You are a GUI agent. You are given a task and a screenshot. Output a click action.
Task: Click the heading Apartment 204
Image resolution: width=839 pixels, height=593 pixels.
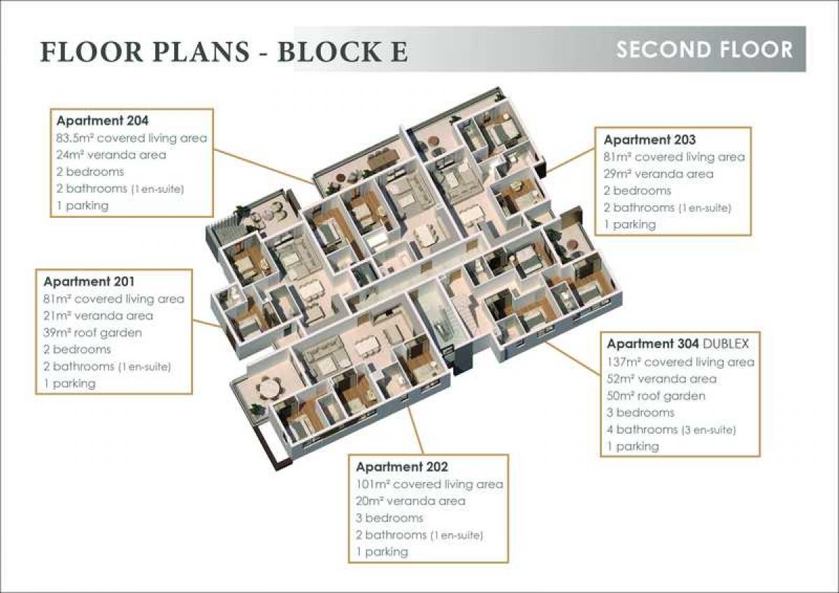102,121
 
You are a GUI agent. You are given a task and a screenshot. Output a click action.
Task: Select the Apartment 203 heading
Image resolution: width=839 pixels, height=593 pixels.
650,140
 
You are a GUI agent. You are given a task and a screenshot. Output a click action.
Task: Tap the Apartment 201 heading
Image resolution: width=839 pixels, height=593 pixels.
89,281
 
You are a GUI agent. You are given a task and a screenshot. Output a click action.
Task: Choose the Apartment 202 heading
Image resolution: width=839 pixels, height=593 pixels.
401,467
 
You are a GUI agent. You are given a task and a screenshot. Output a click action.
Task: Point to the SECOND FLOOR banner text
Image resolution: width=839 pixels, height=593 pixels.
704,50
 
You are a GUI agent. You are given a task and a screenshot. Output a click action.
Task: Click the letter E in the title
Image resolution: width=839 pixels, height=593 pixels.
398,52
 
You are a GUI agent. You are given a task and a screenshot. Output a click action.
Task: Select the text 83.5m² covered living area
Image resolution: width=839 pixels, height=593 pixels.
131,138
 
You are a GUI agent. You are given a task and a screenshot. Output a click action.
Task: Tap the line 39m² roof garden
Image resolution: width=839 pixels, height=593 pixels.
92,332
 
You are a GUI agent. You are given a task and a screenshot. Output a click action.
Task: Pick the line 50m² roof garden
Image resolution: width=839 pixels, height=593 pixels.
656,395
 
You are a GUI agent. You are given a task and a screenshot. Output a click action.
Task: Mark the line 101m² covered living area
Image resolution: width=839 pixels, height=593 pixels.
429,484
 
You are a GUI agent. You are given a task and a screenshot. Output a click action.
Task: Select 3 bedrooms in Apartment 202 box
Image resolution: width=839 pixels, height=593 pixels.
389,518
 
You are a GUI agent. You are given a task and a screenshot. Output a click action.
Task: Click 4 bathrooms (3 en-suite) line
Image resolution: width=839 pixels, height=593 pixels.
671,430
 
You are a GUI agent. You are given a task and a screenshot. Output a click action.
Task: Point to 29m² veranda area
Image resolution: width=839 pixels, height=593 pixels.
658,174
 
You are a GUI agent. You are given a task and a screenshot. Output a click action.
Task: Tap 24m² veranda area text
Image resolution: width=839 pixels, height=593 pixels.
111,154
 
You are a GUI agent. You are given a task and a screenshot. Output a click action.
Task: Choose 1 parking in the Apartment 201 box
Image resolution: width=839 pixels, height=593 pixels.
69,383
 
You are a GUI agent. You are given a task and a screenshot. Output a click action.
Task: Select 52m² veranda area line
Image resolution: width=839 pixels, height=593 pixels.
661,379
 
